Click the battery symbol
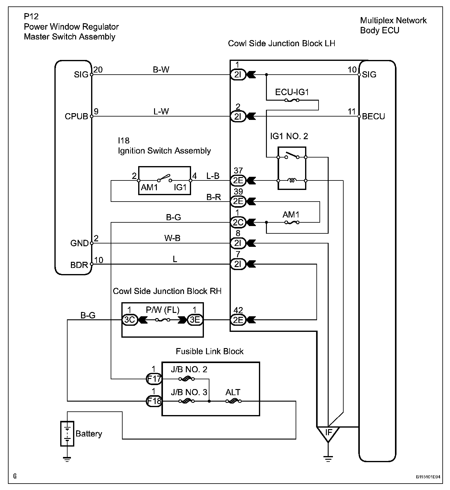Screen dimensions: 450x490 pyautogui.click(x=67, y=433)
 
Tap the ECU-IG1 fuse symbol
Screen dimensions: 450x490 pyautogui.click(x=292, y=100)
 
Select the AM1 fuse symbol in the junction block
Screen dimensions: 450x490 pyautogui.click(x=292, y=222)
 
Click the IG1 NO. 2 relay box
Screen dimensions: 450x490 pyautogui.click(x=292, y=168)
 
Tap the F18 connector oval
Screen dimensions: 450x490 pyautogui.click(x=154, y=401)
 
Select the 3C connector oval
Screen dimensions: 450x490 pyautogui.click(x=130, y=320)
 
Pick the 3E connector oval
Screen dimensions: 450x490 pyautogui.click(x=195, y=320)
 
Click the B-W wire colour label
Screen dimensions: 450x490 pyautogui.click(x=161, y=70)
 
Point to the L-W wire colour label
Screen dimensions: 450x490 pyautogui.click(x=161, y=112)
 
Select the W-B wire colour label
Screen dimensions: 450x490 pyautogui.click(x=172, y=238)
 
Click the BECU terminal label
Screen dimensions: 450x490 pyautogui.click(x=374, y=117)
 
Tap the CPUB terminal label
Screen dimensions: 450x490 pyautogui.click(x=76, y=117)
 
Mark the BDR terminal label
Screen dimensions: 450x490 pyautogui.click(x=79, y=265)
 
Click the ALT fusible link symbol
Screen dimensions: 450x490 pyautogui.click(x=234, y=401)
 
